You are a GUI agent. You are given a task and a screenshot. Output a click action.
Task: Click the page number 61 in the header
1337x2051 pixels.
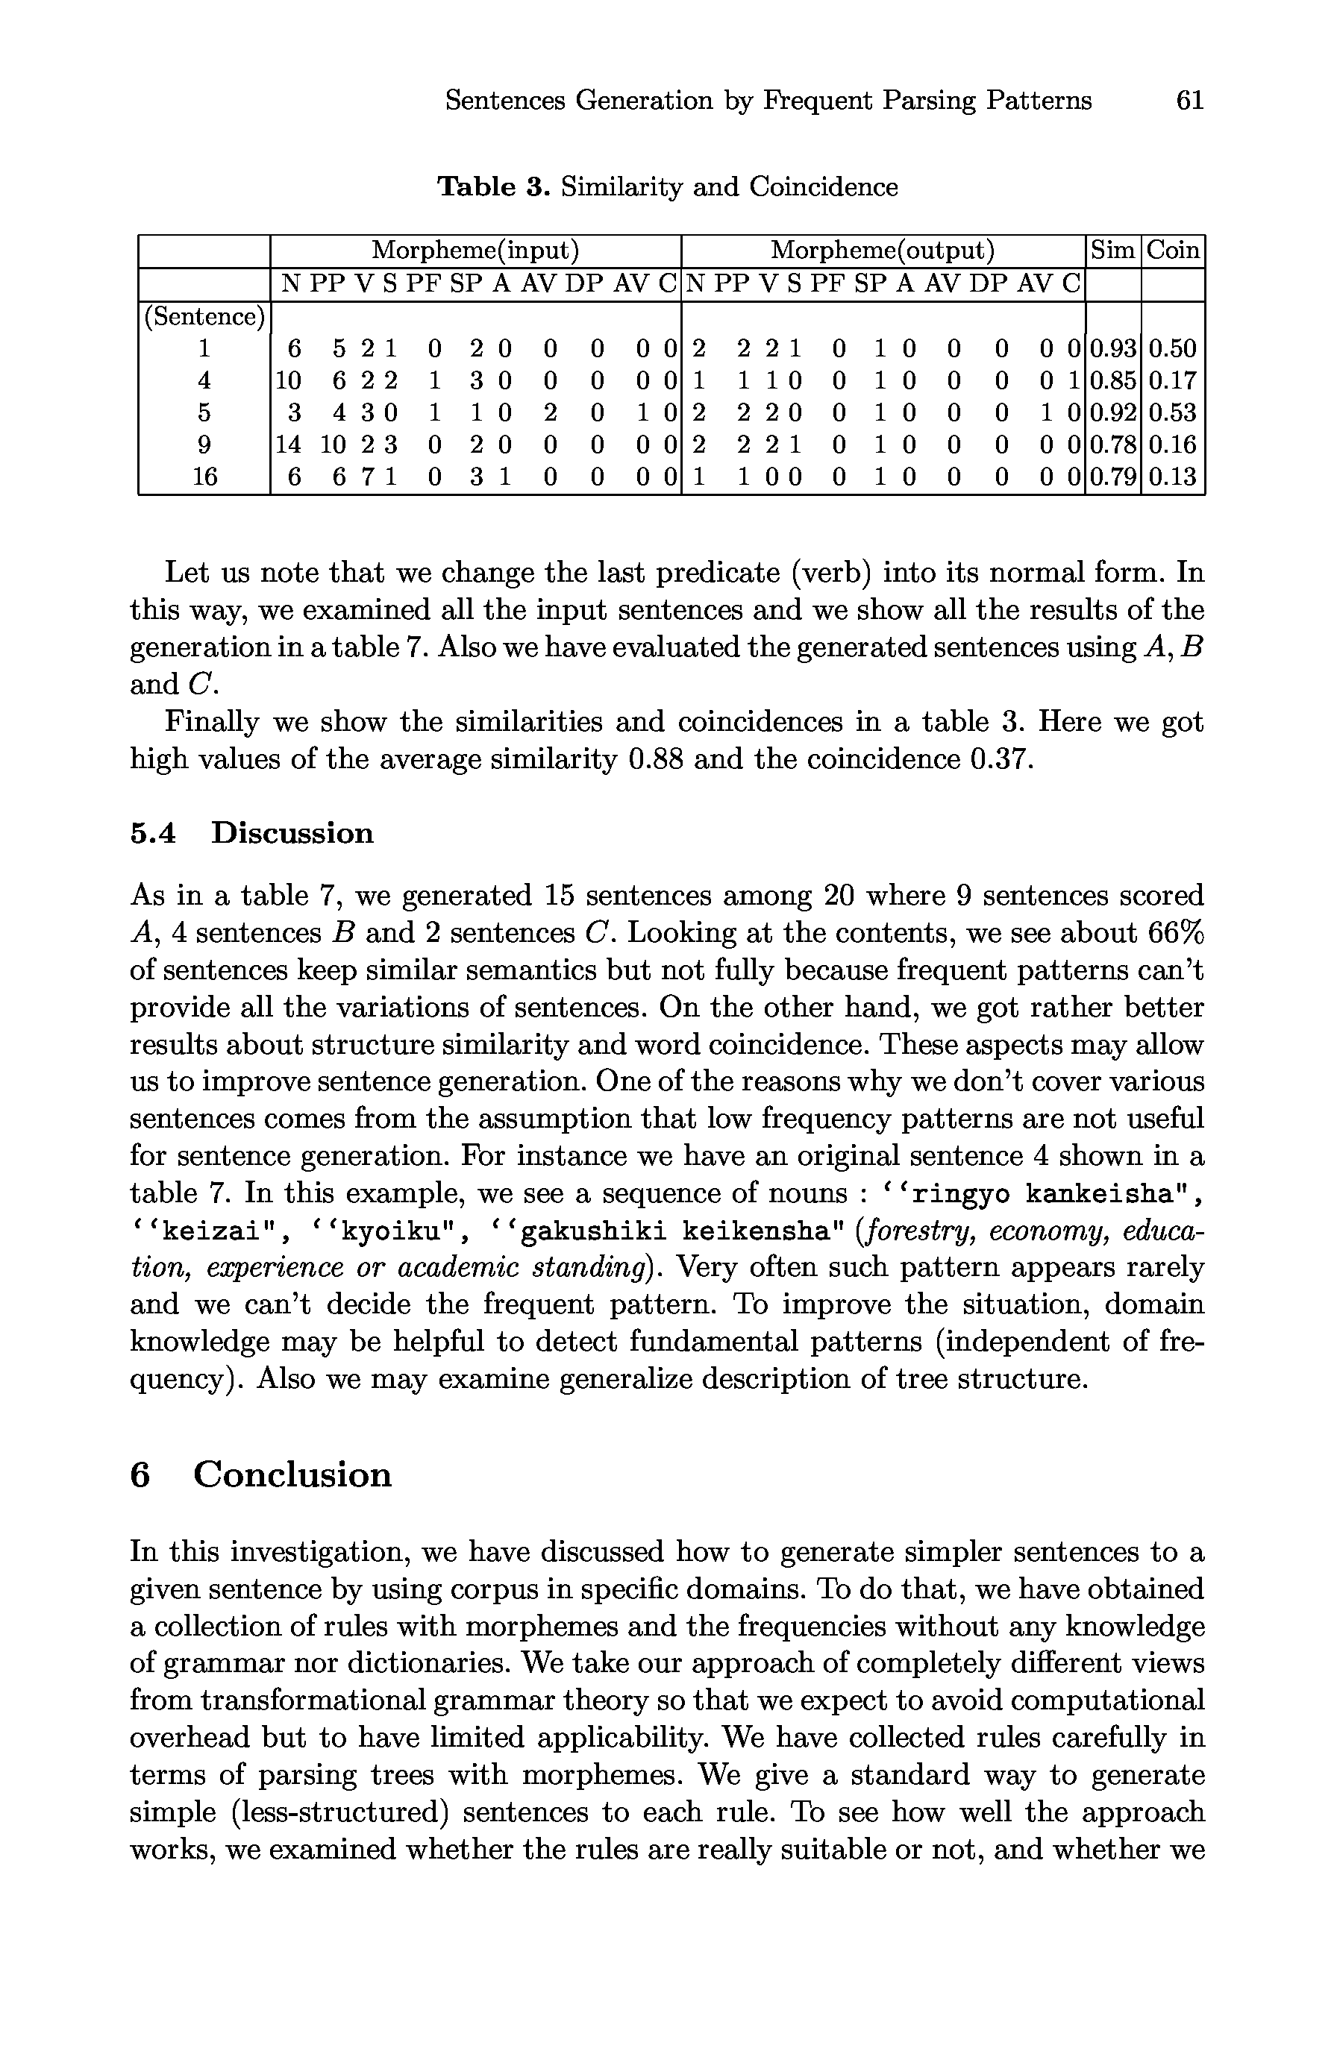pos(1189,101)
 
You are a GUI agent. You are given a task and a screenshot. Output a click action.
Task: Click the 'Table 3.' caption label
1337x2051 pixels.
pos(493,186)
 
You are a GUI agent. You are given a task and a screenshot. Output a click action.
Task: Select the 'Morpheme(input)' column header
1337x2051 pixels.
pos(475,251)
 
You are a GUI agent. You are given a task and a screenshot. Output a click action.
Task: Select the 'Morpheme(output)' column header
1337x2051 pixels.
pos(883,251)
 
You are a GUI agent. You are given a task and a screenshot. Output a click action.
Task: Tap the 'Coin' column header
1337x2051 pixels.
pos(1173,251)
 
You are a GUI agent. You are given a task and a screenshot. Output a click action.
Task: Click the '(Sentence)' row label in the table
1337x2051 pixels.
pos(204,317)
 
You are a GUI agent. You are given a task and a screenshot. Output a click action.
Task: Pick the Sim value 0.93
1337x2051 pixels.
pos(1113,349)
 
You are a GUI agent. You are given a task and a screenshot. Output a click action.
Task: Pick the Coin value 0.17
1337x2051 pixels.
pos(1173,381)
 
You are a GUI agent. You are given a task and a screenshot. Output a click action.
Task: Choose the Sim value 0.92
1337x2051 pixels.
pos(1113,412)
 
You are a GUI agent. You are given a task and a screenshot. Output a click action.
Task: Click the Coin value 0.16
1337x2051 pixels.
pos(1173,445)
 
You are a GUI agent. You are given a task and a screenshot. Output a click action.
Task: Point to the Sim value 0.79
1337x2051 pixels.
pos(1113,477)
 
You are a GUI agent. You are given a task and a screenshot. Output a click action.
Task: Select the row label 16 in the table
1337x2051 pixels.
pos(204,477)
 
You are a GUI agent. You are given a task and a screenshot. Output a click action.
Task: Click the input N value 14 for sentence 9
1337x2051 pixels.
pos(293,445)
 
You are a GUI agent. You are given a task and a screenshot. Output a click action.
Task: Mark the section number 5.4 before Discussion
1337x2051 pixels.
pos(153,833)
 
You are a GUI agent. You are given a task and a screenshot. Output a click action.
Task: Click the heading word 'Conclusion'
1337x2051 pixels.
pos(292,1474)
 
